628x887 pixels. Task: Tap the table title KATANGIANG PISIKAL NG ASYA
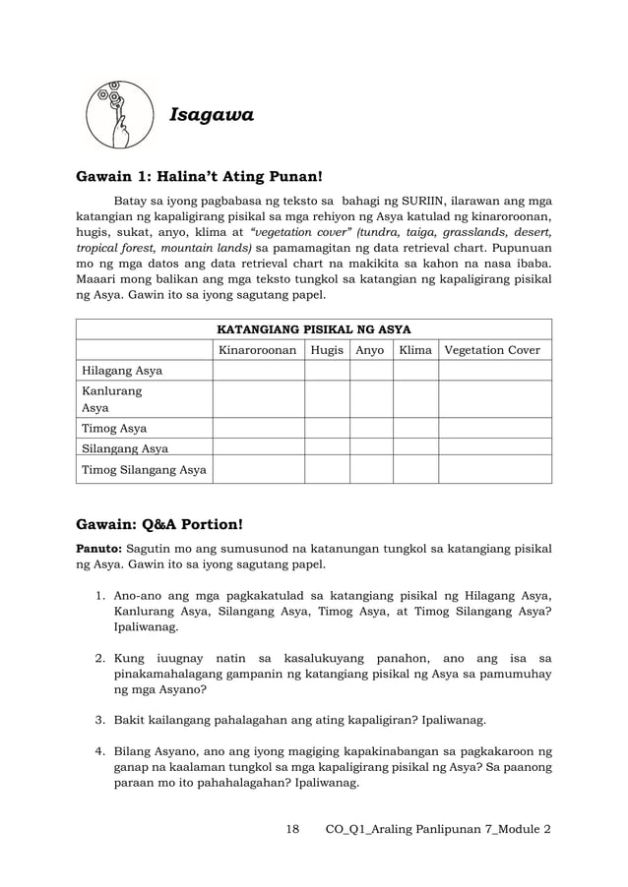(313, 328)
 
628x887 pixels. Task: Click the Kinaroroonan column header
(258, 350)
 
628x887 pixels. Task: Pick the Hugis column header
(327, 350)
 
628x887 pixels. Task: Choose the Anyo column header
(370, 350)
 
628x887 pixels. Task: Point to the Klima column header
(415, 350)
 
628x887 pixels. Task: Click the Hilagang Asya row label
(122, 371)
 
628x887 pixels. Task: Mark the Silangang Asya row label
(122, 448)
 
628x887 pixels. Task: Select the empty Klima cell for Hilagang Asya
(415, 371)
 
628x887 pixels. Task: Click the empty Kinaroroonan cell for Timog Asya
(258, 428)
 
